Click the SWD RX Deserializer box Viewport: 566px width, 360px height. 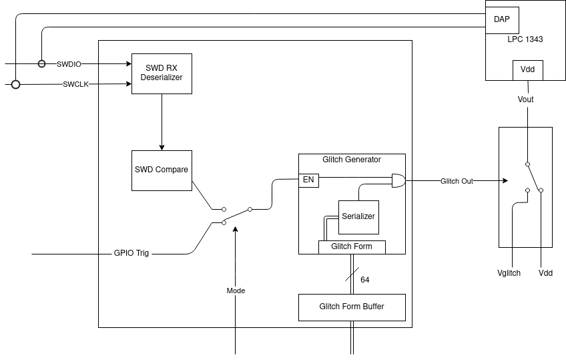162,73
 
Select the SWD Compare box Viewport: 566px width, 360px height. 162,170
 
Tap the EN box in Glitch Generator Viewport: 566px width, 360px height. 308,180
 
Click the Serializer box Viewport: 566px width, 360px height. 358,216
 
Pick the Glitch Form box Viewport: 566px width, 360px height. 352,246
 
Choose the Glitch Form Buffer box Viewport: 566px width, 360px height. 351,307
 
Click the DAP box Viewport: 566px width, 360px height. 502,20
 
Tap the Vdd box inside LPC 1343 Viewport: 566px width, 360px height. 527,70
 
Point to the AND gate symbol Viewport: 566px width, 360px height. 398,180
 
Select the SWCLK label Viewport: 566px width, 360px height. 76,84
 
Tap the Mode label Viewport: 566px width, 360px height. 236,291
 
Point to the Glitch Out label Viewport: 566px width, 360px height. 457,181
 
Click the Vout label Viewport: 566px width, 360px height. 526,100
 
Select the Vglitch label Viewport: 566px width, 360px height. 509,273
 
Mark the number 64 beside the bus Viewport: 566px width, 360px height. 365,279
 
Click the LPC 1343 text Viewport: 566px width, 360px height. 525,39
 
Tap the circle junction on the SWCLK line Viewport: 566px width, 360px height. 15,85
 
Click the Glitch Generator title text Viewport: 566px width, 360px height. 351,160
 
